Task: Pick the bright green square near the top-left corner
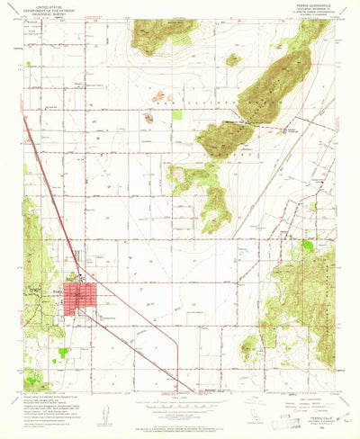[32, 66]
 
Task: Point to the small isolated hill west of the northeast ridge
[233, 60]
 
